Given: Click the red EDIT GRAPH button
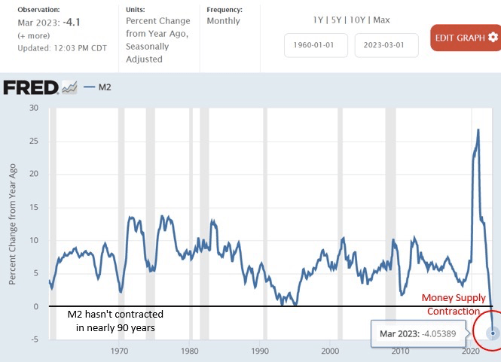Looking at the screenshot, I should [465, 38].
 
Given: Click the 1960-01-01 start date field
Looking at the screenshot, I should [316, 45].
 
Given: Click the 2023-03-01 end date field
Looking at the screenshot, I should [384, 45].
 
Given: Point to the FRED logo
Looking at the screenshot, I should [31, 88].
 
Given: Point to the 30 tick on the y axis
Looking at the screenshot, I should [32, 108].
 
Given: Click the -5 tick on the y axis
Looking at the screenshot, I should [34, 339].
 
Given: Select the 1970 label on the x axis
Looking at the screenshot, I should [119, 351].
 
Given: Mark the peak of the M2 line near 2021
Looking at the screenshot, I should [478, 130].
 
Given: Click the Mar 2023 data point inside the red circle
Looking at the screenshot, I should [493, 333].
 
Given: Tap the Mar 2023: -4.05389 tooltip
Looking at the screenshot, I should [426, 333].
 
